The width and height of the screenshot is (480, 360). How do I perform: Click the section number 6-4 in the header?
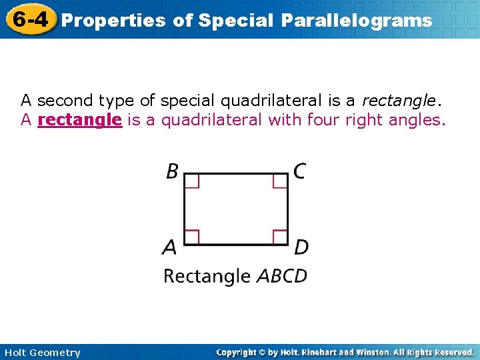(x=29, y=19)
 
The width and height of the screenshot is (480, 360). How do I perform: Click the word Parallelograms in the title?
(x=356, y=21)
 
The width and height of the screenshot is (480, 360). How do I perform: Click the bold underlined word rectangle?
(x=80, y=120)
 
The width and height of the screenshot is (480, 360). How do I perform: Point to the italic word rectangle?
(x=398, y=101)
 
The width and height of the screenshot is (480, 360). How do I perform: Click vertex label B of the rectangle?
(x=172, y=171)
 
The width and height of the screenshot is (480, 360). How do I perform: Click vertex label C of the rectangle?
(x=300, y=171)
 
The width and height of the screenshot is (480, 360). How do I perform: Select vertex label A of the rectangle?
(x=170, y=247)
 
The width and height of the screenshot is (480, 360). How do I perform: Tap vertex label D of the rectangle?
(x=301, y=247)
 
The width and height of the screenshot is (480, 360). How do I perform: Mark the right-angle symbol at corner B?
(x=192, y=181)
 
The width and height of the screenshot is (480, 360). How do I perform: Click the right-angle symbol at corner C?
(x=280, y=181)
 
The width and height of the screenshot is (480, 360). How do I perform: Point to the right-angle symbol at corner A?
(x=192, y=236)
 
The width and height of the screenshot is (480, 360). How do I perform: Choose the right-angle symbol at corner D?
(x=280, y=236)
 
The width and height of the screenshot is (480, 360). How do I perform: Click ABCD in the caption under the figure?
(x=282, y=275)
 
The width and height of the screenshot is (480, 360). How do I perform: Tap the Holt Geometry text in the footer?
(x=42, y=353)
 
